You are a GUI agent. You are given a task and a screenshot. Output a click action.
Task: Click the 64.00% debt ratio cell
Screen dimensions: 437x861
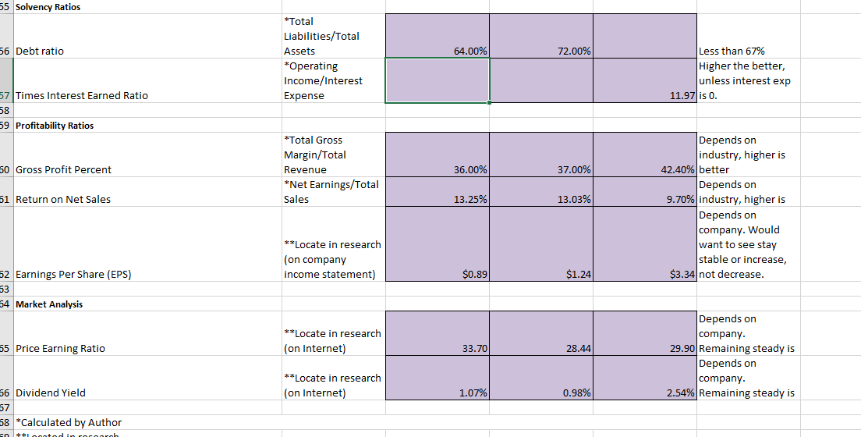470,51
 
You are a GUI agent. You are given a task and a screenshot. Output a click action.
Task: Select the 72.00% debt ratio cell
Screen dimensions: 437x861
574,51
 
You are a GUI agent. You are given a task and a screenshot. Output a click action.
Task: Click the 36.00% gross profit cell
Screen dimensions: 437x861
470,169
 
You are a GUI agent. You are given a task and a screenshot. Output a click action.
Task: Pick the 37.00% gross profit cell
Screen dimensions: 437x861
574,169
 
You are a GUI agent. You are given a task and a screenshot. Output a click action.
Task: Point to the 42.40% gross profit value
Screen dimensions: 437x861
678,169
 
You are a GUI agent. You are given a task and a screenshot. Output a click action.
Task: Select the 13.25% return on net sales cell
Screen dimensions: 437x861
470,199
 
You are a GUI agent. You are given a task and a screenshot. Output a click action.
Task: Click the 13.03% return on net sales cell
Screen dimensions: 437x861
574,199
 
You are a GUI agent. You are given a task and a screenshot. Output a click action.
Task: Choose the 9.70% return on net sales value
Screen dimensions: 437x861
679,199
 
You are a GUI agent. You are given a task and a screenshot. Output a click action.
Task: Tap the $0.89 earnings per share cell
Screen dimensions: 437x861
474,274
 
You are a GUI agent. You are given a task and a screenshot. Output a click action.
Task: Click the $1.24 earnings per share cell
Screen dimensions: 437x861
578,274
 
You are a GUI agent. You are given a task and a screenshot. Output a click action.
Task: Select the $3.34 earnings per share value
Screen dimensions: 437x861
682,274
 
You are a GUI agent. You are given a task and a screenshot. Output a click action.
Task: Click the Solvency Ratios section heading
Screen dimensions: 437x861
48,7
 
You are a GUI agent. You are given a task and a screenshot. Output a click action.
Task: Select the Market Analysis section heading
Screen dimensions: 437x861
49,304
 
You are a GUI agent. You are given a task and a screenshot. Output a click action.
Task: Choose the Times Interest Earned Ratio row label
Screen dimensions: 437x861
82,95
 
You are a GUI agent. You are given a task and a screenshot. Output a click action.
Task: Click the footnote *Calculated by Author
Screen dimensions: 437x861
69,422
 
